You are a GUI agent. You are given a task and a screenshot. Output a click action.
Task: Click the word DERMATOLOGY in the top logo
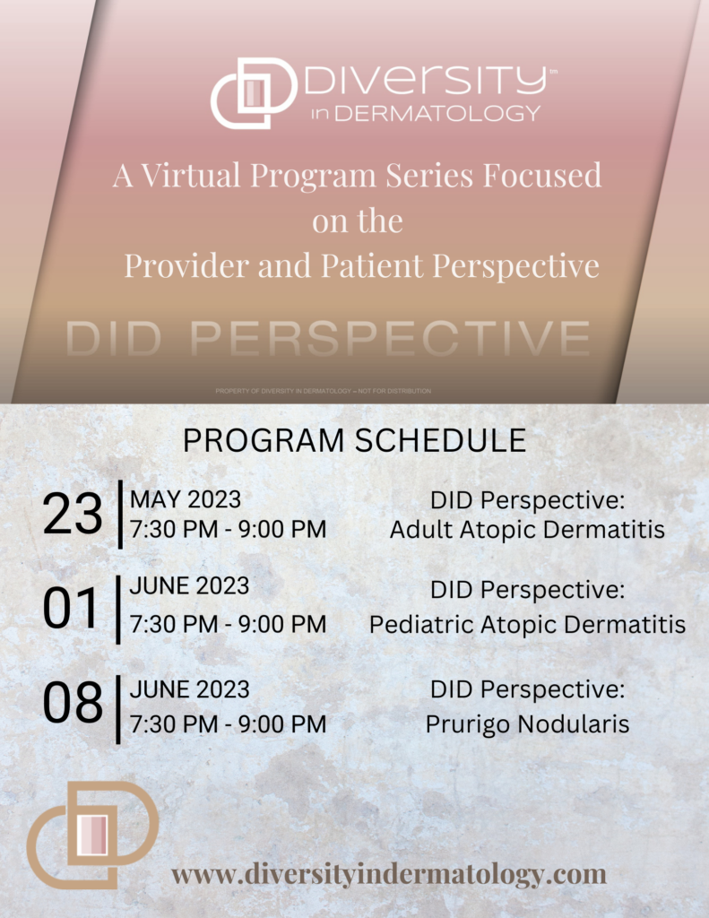point(437,113)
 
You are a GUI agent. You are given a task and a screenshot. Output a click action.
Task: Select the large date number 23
point(73,514)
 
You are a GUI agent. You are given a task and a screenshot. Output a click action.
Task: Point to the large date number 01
point(71,609)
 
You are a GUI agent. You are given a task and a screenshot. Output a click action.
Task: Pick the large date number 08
point(73,703)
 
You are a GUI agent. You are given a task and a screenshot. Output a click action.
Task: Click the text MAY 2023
point(185,499)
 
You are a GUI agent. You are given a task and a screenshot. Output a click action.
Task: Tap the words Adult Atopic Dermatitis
point(527,529)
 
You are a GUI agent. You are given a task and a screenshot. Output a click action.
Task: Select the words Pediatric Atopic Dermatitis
point(527,624)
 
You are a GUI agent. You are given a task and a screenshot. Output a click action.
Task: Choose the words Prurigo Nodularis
point(527,724)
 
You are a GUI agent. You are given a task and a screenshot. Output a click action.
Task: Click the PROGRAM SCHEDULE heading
point(354,440)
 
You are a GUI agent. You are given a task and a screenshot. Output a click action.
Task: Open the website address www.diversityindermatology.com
point(389,875)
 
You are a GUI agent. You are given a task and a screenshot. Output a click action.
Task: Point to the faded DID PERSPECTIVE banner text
point(328,338)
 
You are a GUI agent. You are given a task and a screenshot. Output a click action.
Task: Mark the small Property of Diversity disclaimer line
point(324,391)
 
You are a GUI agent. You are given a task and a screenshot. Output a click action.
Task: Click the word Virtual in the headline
point(191,175)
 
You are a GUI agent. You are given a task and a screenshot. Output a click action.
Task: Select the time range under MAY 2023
point(228,529)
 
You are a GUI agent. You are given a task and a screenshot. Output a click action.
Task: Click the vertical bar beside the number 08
point(119,710)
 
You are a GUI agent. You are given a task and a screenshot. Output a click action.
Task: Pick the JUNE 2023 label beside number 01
point(189,586)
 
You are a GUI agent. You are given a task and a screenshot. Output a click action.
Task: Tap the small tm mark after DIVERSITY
point(553,72)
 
